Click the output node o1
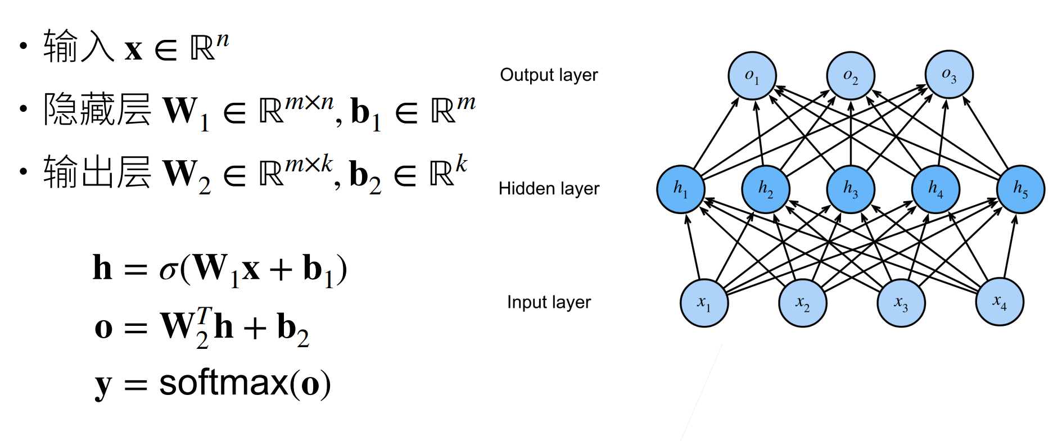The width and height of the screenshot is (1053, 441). pos(752,76)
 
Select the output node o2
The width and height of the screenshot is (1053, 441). pos(850,76)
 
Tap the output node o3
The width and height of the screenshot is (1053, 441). pos(949,75)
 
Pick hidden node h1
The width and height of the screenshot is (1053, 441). pos(680,189)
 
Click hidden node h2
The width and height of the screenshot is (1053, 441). pos(765,189)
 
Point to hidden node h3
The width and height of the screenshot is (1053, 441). pos(851,189)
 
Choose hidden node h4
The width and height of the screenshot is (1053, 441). pos(936,189)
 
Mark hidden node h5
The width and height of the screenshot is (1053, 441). pos(1020,189)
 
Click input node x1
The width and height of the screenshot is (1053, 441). pos(704,303)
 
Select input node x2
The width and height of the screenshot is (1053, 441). pos(802,303)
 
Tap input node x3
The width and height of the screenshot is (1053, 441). pos(901,303)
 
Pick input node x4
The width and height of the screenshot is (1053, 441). pos(1000,302)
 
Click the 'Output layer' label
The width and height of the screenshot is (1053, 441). pos(549,75)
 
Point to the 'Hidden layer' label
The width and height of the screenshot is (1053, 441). pos(549,189)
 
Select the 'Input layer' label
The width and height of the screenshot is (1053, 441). pos(549,302)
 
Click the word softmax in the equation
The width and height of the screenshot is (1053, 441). pos(223,384)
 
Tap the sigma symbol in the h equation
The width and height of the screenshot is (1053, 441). pos(168,270)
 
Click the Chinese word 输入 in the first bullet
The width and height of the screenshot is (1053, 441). pos(79,47)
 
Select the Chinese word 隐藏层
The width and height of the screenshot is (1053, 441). pos(97,109)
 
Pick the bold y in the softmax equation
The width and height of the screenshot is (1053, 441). pos(103,386)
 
